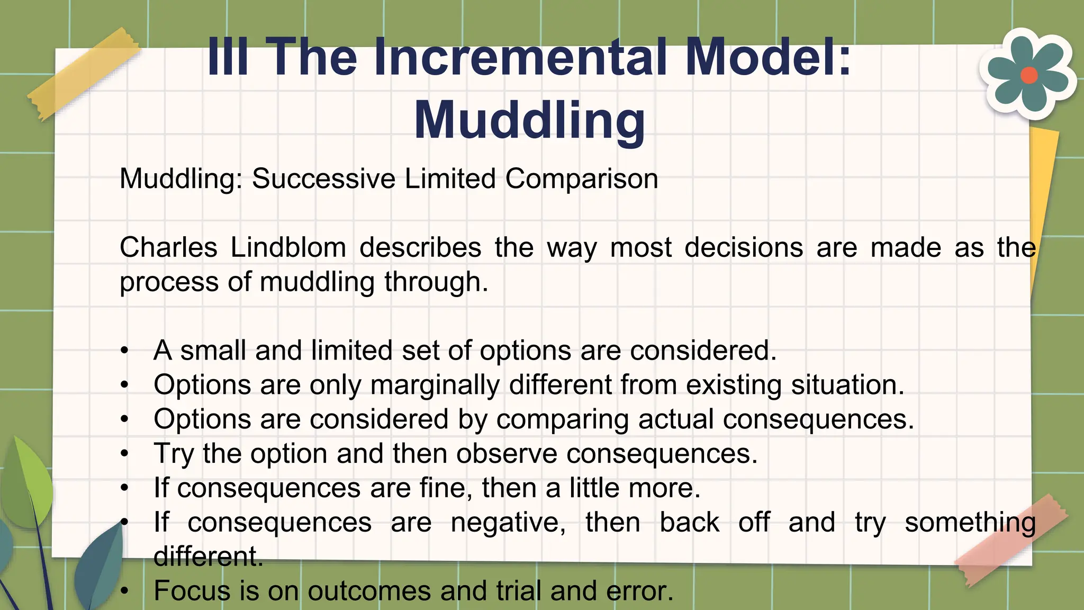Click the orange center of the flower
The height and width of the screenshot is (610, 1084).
click(x=1028, y=75)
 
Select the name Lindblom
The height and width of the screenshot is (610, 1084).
click(x=288, y=247)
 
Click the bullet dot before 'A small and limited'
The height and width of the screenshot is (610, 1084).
click(x=124, y=351)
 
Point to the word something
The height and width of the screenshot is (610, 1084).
click(x=970, y=522)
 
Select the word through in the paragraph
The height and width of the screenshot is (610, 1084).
click(x=436, y=282)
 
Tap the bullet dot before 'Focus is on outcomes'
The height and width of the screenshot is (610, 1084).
click(x=124, y=591)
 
